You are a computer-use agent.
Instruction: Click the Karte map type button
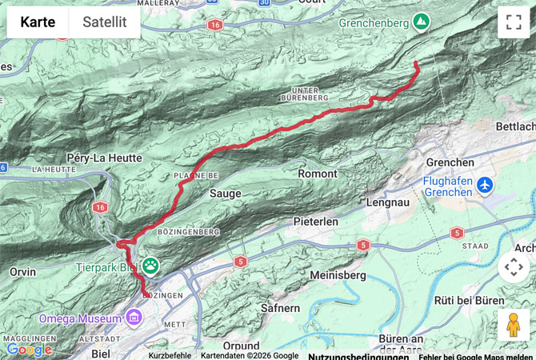coord(38,22)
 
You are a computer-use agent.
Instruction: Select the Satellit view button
coord(105,22)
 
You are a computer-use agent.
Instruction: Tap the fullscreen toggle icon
coord(513,22)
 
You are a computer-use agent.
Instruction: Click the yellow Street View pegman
coord(513,325)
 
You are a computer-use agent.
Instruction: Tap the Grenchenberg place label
coord(373,24)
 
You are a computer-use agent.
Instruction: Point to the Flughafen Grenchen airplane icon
coord(483,186)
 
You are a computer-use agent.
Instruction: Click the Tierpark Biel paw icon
coord(150,263)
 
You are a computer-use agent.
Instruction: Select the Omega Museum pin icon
coord(133,318)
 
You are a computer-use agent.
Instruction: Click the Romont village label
coord(317,174)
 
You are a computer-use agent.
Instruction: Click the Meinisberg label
coord(338,275)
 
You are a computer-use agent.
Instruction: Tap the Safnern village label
coord(281,307)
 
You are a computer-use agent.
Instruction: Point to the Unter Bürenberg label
coord(305,93)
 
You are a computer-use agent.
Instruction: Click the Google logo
coord(29,349)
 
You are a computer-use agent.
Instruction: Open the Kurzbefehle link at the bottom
coord(170,355)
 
